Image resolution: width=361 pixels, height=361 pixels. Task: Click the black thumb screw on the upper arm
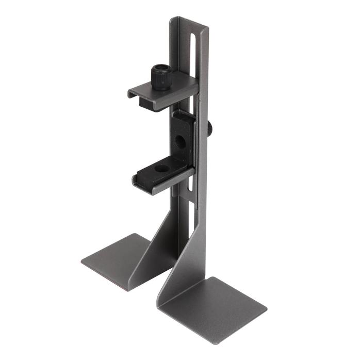click(x=160, y=77)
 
